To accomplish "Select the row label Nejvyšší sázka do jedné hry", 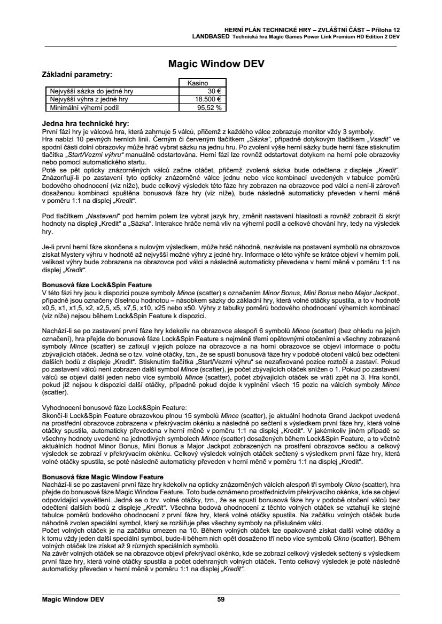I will [91, 91].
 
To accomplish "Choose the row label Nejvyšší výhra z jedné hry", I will [89, 99].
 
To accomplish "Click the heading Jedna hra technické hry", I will [86, 123].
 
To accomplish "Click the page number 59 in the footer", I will [221, 599].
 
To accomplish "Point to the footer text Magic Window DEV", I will [73, 599].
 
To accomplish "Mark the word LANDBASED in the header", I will [212, 36].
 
